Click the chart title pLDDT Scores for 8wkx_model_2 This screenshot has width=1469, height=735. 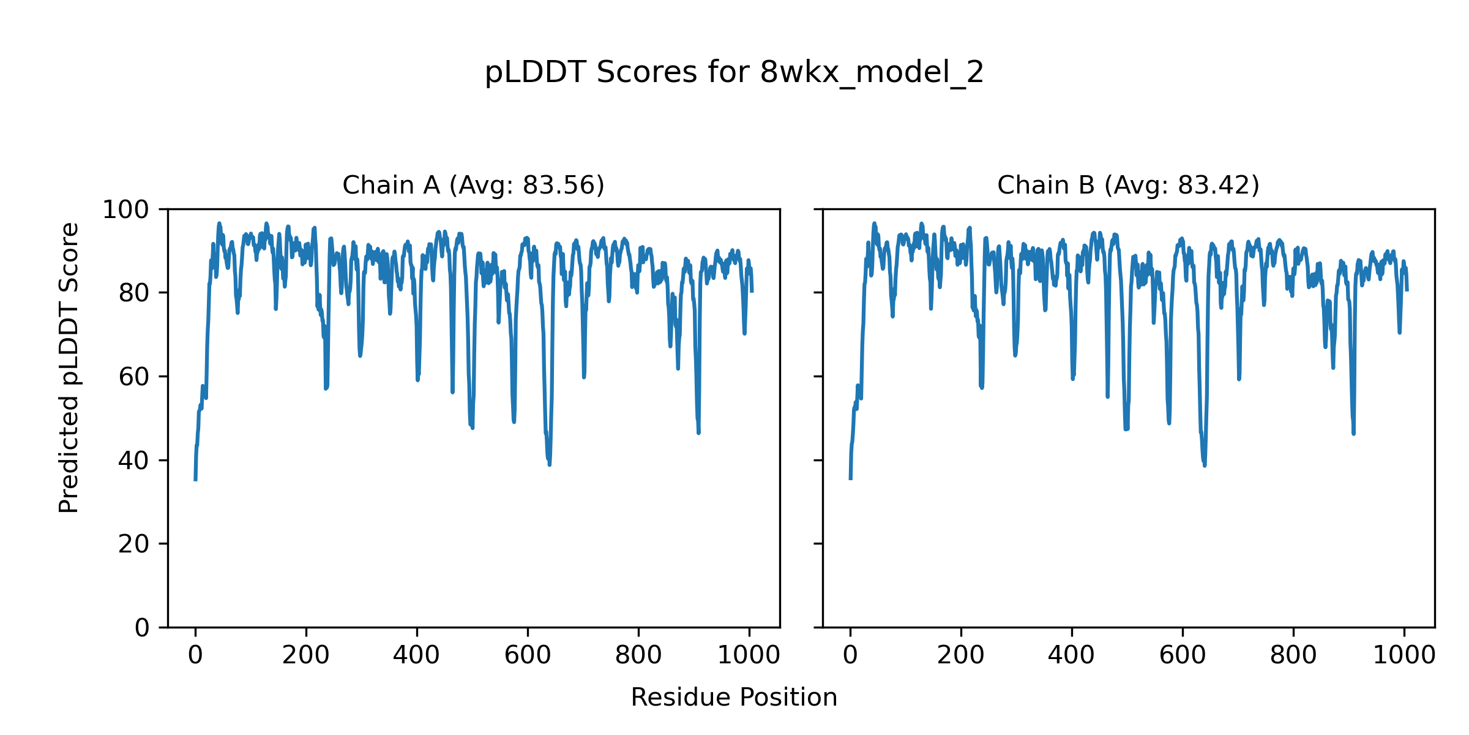pos(734,73)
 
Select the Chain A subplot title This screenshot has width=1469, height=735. pos(473,185)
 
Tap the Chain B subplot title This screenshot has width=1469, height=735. pos(1128,185)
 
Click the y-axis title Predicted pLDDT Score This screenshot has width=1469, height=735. pos(69,367)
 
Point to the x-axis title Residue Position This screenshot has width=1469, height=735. pos(734,698)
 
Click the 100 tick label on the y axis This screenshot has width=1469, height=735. pos(125,210)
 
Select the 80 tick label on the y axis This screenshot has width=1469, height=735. pos(133,293)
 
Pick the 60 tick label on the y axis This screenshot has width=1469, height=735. pos(133,377)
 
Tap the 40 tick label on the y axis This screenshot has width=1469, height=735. pos(133,461)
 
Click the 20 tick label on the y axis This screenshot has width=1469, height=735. pos(133,544)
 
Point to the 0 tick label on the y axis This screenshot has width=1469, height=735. pos(141,628)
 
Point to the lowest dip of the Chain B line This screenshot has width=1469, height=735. pos(1205,466)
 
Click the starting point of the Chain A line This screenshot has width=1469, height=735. pos(195,480)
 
